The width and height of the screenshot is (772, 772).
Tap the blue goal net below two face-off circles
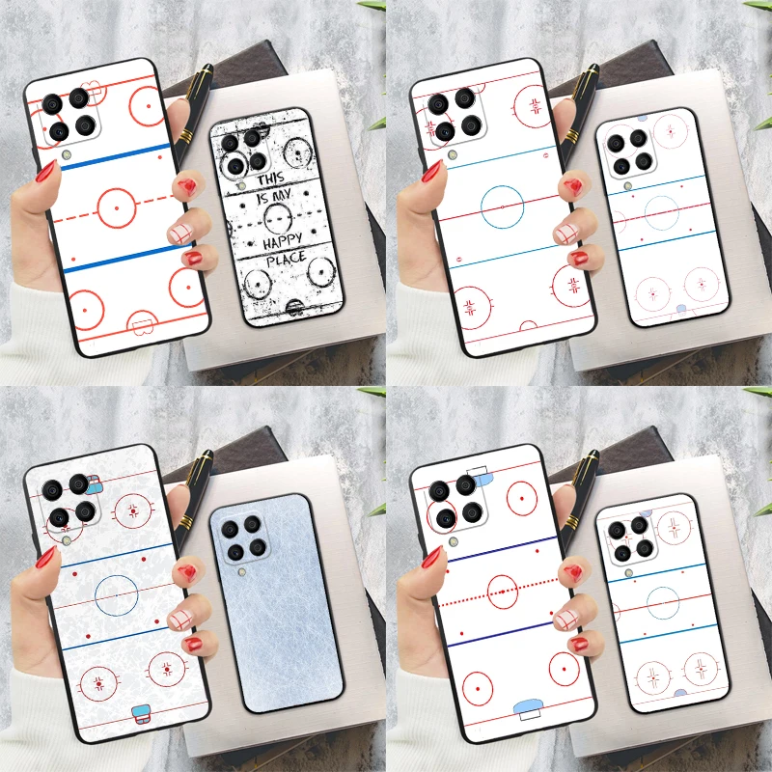coord(141,715)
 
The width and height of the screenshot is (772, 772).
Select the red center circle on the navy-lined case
coord(504,589)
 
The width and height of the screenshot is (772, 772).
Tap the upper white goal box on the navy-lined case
coord(478,472)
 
